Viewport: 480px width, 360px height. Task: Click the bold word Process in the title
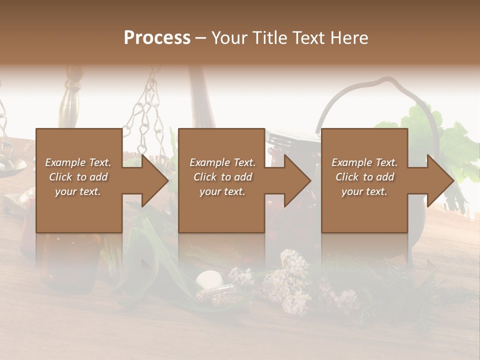tap(157, 38)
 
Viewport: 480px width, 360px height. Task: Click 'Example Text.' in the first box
tap(78, 162)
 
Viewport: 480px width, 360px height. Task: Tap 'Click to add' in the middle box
tap(223, 177)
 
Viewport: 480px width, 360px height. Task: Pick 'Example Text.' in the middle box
tap(223, 162)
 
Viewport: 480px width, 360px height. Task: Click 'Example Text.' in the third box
tap(365, 162)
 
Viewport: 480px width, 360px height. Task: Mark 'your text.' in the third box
tap(365, 191)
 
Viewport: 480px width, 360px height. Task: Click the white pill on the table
tap(209, 278)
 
